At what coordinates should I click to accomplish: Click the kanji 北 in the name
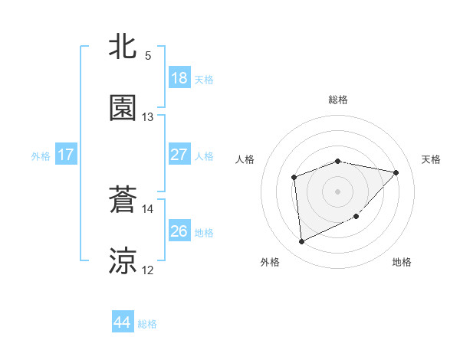point(123,47)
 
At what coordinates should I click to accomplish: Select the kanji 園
point(123,108)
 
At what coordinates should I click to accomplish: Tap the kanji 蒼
point(123,200)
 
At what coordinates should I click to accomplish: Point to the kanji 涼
point(123,261)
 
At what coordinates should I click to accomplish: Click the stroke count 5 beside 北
point(148,55)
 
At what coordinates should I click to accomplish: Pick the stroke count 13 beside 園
point(148,116)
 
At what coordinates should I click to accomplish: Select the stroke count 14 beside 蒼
point(148,208)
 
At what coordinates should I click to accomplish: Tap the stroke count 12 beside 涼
point(148,270)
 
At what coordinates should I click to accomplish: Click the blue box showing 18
point(179,78)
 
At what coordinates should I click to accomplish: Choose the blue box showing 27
point(179,155)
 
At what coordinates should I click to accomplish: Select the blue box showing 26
point(179,231)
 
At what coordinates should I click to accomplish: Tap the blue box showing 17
point(66,155)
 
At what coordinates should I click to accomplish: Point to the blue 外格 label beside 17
point(41,155)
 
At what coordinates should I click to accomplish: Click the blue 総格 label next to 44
point(147,324)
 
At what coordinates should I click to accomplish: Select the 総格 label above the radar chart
point(338,100)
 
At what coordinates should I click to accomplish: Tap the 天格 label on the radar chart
point(431,159)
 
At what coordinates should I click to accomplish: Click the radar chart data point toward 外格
point(301,242)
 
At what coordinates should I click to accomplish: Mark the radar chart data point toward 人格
point(294,178)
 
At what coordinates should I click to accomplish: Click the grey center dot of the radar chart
point(337,191)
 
